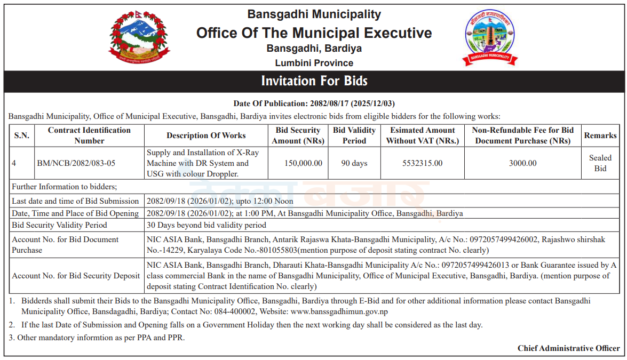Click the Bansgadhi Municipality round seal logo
pyautogui.click(x=490, y=38)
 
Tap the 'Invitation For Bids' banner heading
pyautogui.click(x=314, y=81)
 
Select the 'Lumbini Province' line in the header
pyautogui.click(x=314, y=63)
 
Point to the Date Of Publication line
pyautogui.click(x=314, y=103)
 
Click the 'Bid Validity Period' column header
pyautogui.click(x=354, y=135)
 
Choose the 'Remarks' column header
pyautogui.click(x=600, y=135)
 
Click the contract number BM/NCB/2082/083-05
pyautogui.click(x=76, y=163)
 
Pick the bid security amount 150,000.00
pyautogui.click(x=298, y=163)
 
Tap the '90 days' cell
pyautogui.click(x=354, y=163)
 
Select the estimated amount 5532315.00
pyautogui.click(x=422, y=163)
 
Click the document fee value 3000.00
pyautogui.click(x=522, y=163)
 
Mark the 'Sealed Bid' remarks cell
pyautogui.click(x=600, y=163)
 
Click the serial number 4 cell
pyautogui.click(x=14, y=163)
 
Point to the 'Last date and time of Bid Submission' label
pyautogui.click(x=75, y=201)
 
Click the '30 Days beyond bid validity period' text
pyautogui.click(x=207, y=225)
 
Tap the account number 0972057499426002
pyautogui.click(x=504, y=239)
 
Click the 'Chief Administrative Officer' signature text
pyautogui.click(x=568, y=348)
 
